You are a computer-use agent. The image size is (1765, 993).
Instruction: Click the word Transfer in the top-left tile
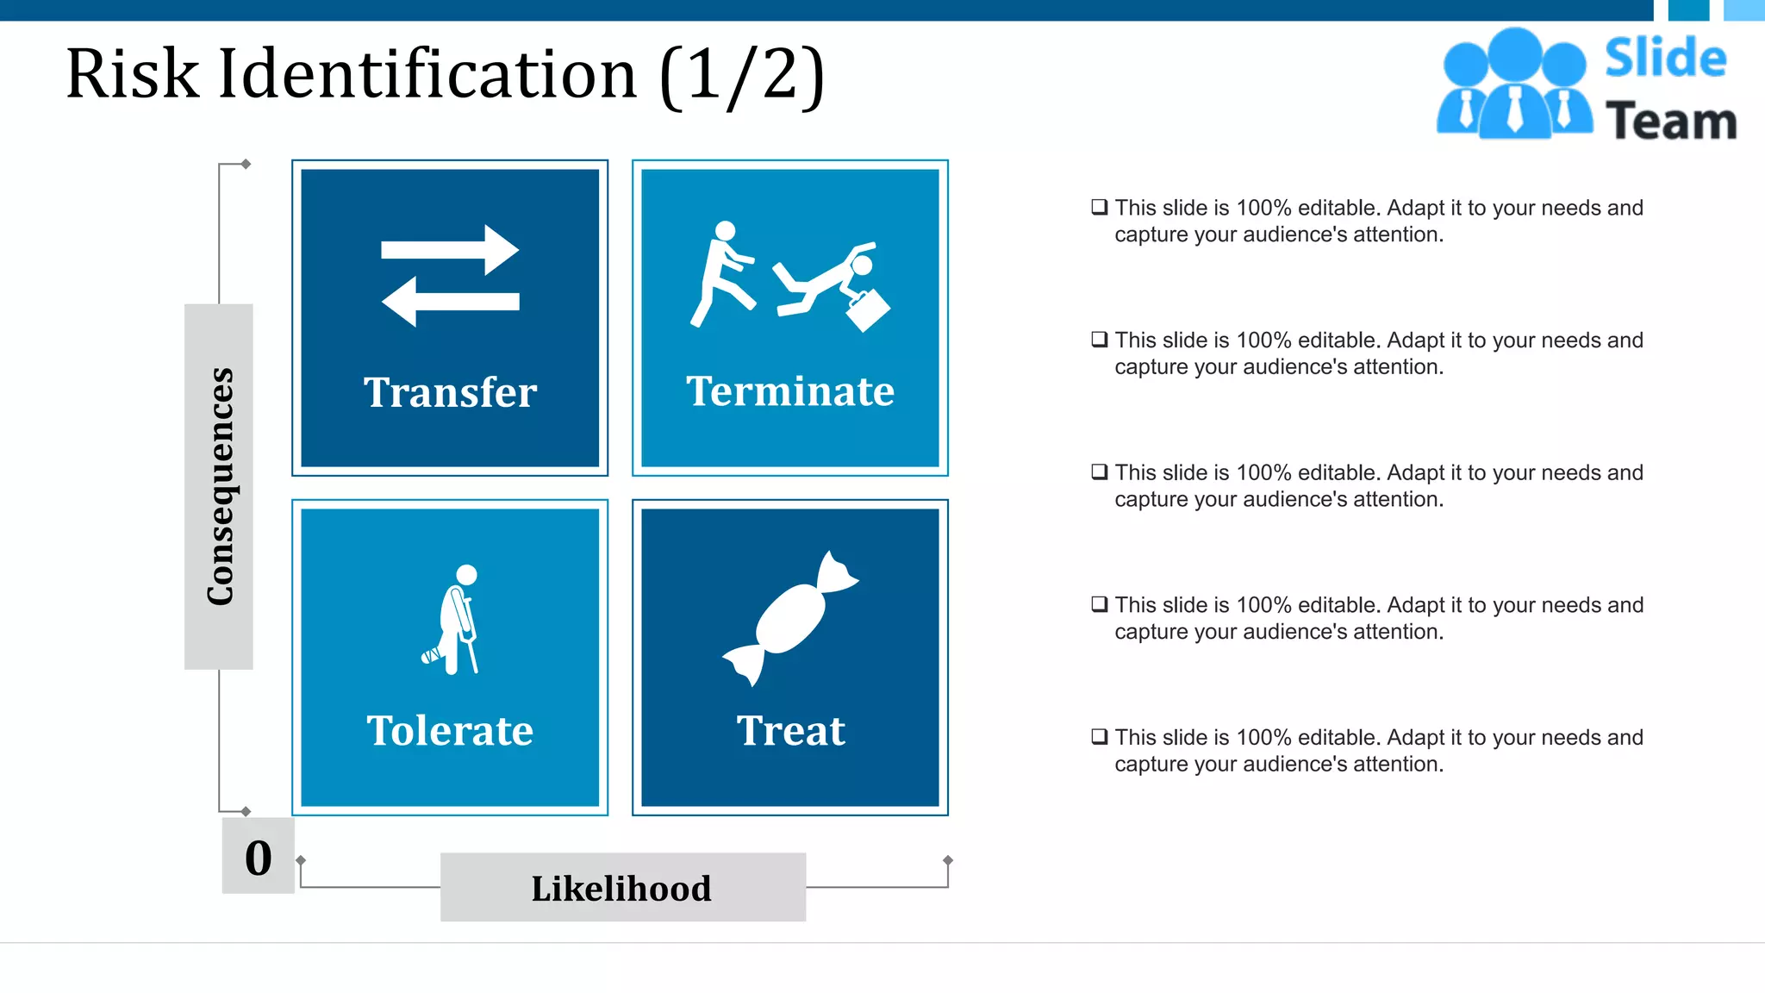coord(450,392)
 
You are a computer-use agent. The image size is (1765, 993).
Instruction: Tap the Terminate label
coord(790,391)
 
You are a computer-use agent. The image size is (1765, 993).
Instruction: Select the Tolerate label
coord(450,731)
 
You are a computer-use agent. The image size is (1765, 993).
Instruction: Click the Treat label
coord(790,731)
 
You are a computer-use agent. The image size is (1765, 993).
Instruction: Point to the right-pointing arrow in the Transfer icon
coord(450,250)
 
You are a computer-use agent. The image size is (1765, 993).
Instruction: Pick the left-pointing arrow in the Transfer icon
coord(450,302)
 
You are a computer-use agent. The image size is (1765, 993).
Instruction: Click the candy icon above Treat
coord(790,617)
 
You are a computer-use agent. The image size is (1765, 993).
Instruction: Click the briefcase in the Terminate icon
coord(868,309)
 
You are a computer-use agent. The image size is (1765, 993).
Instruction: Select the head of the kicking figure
coord(726,231)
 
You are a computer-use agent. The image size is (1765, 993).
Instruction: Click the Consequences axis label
coord(219,486)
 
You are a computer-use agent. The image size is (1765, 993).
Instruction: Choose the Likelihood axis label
coord(622,888)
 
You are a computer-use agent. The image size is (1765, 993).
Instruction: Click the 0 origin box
coord(258,857)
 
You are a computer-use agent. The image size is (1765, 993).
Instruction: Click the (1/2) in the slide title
coord(742,76)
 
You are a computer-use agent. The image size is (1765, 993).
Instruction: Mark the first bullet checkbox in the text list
coord(1099,207)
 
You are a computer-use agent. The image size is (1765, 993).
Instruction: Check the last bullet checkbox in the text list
coord(1099,736)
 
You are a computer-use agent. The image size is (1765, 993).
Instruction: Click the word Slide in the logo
coord(1665,59)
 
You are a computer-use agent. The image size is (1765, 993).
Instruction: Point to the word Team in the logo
coord(1671,121)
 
